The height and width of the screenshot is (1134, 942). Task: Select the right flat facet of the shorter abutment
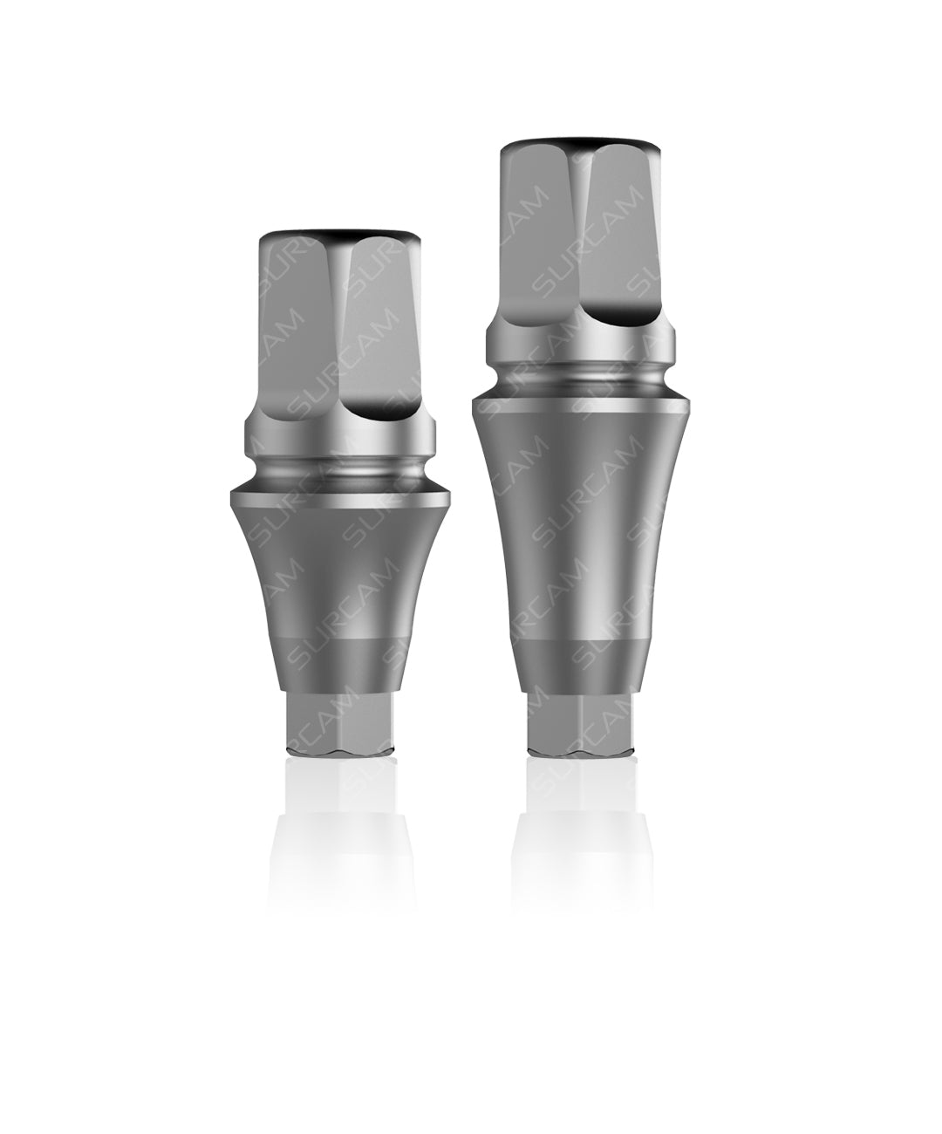tap(384, 340)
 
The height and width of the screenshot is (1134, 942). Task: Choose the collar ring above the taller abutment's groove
tap(581, 345)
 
